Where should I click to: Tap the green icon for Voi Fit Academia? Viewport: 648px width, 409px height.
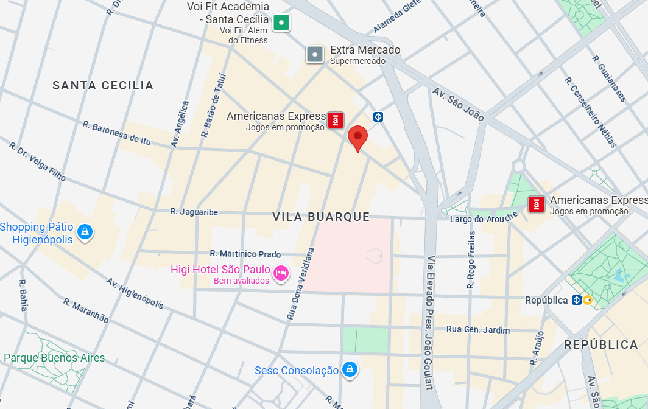click(x=281, y=23)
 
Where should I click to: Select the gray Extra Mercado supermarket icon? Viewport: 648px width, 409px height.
click(x=314, y=54)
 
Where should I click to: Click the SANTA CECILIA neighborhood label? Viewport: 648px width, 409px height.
click(x=103, y=85)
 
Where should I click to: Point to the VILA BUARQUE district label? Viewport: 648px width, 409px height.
click(x=321, y=217)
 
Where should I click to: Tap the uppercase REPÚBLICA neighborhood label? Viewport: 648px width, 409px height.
click(x=600, y=344)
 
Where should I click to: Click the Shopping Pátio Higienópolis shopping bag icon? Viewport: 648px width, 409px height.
click(x=85, y=232)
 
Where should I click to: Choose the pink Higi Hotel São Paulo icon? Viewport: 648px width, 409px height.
click(x=281, y=273)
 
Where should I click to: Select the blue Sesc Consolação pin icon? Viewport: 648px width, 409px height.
click(x=349, y=369)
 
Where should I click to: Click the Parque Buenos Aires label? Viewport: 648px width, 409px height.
click(x=54, y=358)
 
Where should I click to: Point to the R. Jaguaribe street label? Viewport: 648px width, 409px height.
click(x=194, y=212)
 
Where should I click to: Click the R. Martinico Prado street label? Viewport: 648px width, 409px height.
click(x=245, y=254)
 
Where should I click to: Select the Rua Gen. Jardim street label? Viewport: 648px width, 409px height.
click(x=478, y=329)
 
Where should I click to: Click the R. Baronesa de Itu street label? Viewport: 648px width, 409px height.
click(x=116, y=133)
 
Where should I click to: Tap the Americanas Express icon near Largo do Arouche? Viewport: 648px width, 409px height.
click(x=537, y=204)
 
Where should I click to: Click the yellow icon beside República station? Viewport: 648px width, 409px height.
click(x=588, y=300)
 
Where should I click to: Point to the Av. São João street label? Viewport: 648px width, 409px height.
click(x=458, y=104)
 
